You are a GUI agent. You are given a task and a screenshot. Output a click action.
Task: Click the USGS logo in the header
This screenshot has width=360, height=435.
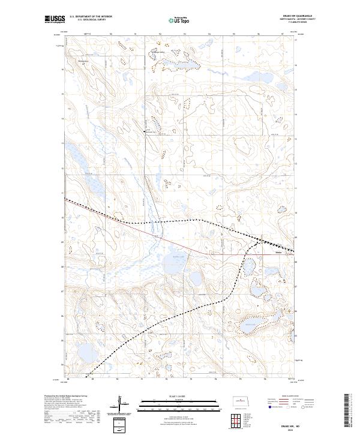click(55, 20)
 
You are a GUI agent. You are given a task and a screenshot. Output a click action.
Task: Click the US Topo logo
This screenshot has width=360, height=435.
click(179, 20)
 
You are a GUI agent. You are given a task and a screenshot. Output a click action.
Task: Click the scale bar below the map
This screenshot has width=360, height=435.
click(180, 405)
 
